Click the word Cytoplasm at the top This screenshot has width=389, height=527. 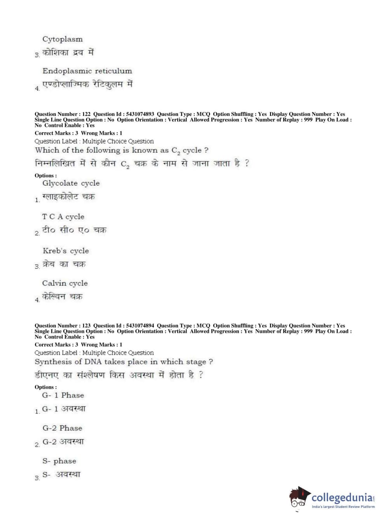[62, 39]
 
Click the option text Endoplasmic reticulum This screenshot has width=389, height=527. [87, 71]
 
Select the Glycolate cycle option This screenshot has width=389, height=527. [71, 183]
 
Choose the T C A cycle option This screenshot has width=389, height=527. [63, 217]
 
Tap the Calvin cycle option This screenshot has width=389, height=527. [65, 283]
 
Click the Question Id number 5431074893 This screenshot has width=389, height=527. [140, 114]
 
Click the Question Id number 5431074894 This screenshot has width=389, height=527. [140, 326]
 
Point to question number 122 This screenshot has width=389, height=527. [86, 114]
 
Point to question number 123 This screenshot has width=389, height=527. [86, 326]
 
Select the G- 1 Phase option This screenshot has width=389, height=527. [63, 395]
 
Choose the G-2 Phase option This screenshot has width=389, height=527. [62, 428]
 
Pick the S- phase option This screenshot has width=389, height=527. [59, 461]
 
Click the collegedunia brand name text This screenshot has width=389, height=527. [342, 497]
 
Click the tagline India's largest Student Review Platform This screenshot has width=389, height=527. [343, 507]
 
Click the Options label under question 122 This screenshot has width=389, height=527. [45, 176]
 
